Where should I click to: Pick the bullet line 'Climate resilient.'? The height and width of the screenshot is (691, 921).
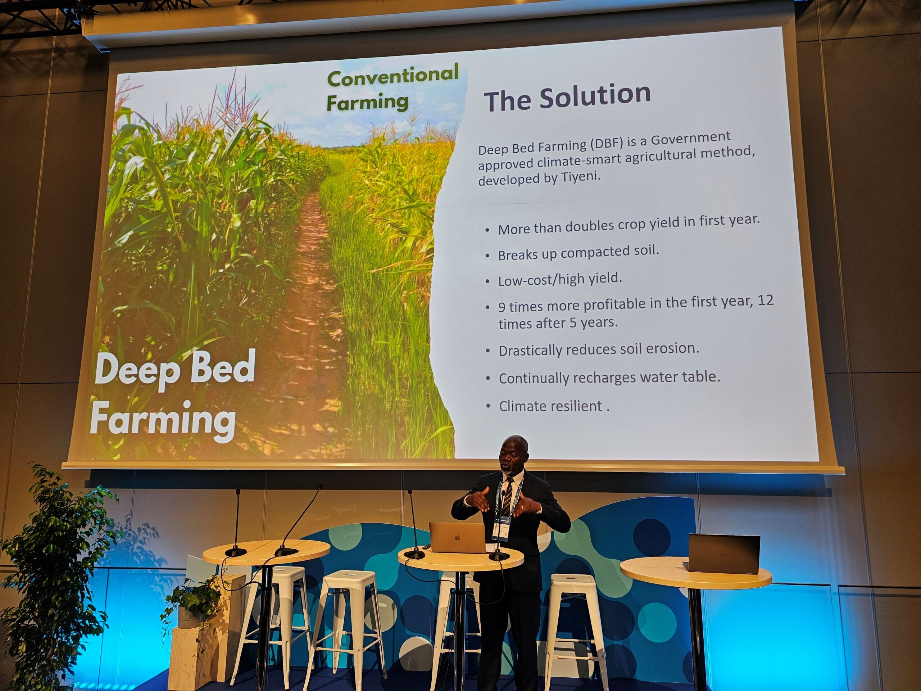(554, 406)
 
